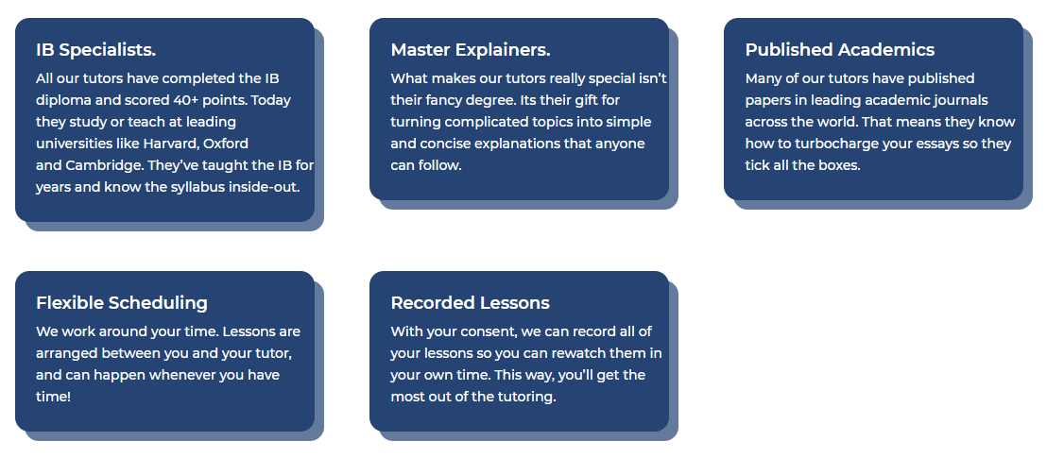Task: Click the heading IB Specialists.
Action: click(95, 50)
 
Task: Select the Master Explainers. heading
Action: click(470, 50)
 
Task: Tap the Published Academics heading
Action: click(839, 50)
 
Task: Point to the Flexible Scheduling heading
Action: click(121, 303)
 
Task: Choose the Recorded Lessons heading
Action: click(470, 303)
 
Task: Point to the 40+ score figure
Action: click(184, 100)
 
